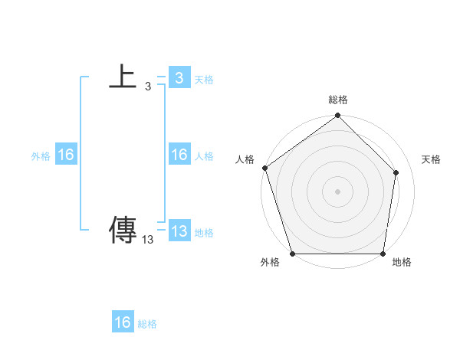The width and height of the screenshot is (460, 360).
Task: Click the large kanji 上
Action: [123, 77]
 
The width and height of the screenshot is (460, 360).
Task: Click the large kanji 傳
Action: [123, 230]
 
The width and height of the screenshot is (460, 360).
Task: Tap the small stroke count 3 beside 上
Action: [148, 87]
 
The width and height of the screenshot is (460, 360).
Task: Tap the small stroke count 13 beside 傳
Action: [148, 239]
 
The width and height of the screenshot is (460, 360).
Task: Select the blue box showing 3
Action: [179, 78]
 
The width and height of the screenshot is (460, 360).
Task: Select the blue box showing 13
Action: [179, 231]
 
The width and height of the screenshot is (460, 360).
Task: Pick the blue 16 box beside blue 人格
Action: [179, 155]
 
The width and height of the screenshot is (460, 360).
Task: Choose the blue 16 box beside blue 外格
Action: [66, 155]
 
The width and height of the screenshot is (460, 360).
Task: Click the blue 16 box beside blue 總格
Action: [123, 322]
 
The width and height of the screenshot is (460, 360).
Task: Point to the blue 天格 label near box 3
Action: [204, 80]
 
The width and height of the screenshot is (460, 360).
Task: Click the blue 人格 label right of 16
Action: [204, 156]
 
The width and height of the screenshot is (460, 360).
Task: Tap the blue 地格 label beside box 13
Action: [204, 233]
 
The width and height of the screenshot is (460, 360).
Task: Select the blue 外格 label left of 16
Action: [41, 156]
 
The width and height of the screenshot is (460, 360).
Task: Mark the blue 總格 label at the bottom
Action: [147, 324]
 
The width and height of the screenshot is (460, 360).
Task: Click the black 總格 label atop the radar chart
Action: [338, 100]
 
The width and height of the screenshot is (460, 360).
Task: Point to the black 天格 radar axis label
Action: [431, 159]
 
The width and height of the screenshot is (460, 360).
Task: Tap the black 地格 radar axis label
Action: [402, 262]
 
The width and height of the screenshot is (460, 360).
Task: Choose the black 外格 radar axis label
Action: [270, 262]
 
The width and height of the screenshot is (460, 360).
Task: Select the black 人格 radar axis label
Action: [245, 159]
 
